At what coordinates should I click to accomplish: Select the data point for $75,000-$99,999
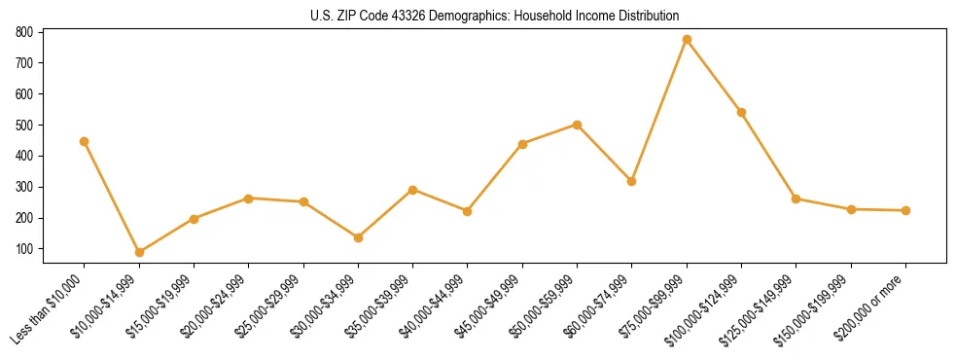tap(687, 40)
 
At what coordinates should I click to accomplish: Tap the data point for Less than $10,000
tap(84, 141)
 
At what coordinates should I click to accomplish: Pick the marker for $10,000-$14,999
tap(139, 252)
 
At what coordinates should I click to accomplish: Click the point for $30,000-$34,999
tap(358, 237)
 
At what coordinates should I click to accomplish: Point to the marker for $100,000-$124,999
tap(741, 112)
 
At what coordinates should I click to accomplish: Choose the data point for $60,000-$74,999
tap(632, 181)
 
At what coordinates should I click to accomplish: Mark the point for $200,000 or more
tap(905, 210)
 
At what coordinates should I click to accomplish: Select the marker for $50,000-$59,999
tap(577, 125)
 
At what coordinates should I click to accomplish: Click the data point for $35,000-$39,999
tap(413, 190)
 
